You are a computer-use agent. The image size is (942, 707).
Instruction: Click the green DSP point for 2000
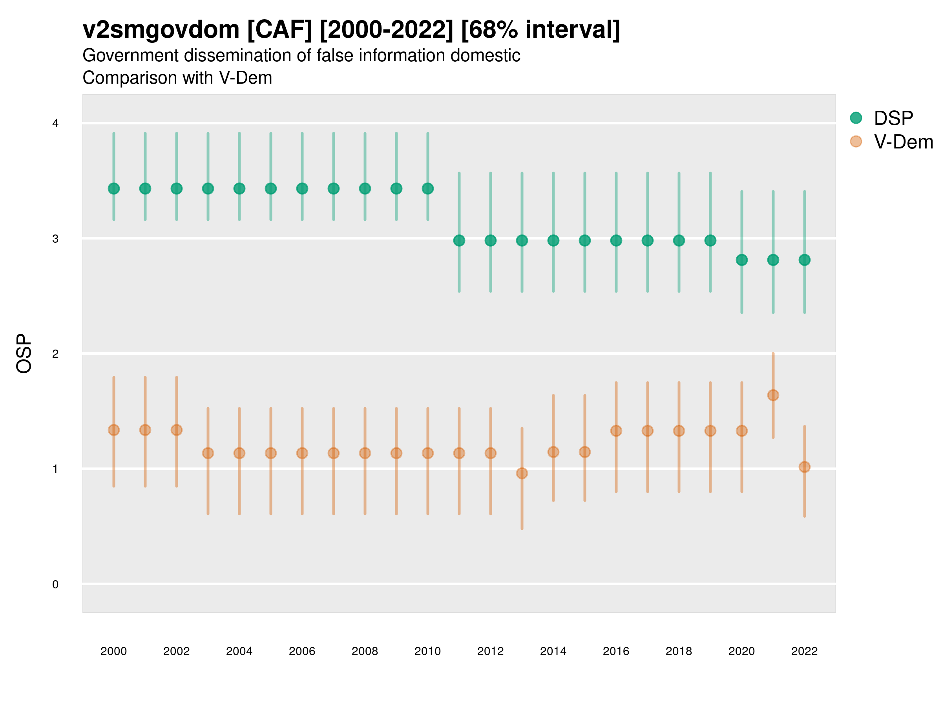pyautogui.click(x=114, y=189)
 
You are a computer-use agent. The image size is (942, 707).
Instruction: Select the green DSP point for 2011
pyautogui.click(x=459, y=241)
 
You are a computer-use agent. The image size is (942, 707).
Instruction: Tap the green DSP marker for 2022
pyautogui.click(x=805, y=260)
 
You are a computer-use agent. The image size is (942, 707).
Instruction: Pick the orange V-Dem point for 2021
pyautogui.click(x=773, y=396)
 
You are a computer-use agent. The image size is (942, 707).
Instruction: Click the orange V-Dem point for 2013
pyautogui.click(x=522, y=473)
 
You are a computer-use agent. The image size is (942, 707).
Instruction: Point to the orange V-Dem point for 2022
pyautogui.click(x=805, y=467)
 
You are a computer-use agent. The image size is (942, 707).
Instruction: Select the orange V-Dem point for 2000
pyautogui.click(x=114, y=430)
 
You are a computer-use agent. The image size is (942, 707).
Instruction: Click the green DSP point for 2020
pyautogui.click(x=741, y=260)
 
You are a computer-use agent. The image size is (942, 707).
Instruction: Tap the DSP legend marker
pyautogui.click(x=856, y=118)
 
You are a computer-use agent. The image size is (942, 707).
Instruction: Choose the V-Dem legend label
pyautogui.click(x=903, y=142)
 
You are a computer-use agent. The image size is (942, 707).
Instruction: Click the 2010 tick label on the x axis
pyautogui.click(x=427, y=651)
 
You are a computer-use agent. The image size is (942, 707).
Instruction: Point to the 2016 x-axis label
pyautogui.click(x=616, y=651)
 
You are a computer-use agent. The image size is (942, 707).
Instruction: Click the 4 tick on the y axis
pyautogui.click(x=55, y=124)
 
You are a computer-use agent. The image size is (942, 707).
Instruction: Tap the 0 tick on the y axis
pyautogui.click(x=55, y=584)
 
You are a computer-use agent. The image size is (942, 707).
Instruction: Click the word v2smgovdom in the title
pyautogui.click(x=161, y=30)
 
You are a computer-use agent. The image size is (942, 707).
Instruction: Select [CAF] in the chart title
pyautogui.click(x=279, y=30)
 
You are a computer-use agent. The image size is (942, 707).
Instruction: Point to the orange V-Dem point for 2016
pyautogui.click(x=616, y=431)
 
